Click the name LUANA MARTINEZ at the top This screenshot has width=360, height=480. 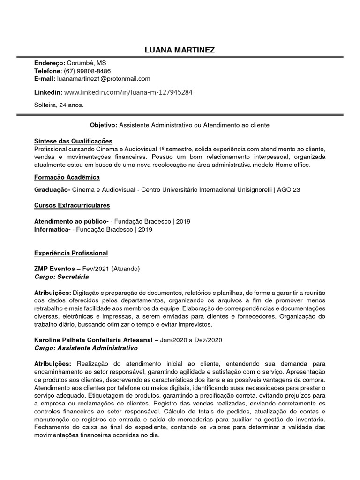click(180, 50)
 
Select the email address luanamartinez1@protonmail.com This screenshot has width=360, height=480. click(104, 79)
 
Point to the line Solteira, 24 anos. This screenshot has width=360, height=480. click(59, 105)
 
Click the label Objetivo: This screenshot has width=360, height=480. click(103, 126)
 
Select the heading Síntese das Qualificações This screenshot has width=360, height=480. click(73, 141)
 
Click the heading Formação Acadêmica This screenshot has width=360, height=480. click(67, 177)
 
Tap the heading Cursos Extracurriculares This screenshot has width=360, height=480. click(72, 205)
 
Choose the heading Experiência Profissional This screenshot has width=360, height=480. click(71, 253)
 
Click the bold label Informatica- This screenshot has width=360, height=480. click(52, 229)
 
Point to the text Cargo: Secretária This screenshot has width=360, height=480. click(61, 277)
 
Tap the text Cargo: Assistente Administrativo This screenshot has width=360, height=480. click(86, 349)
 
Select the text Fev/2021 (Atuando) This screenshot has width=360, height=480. click(111, 269)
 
